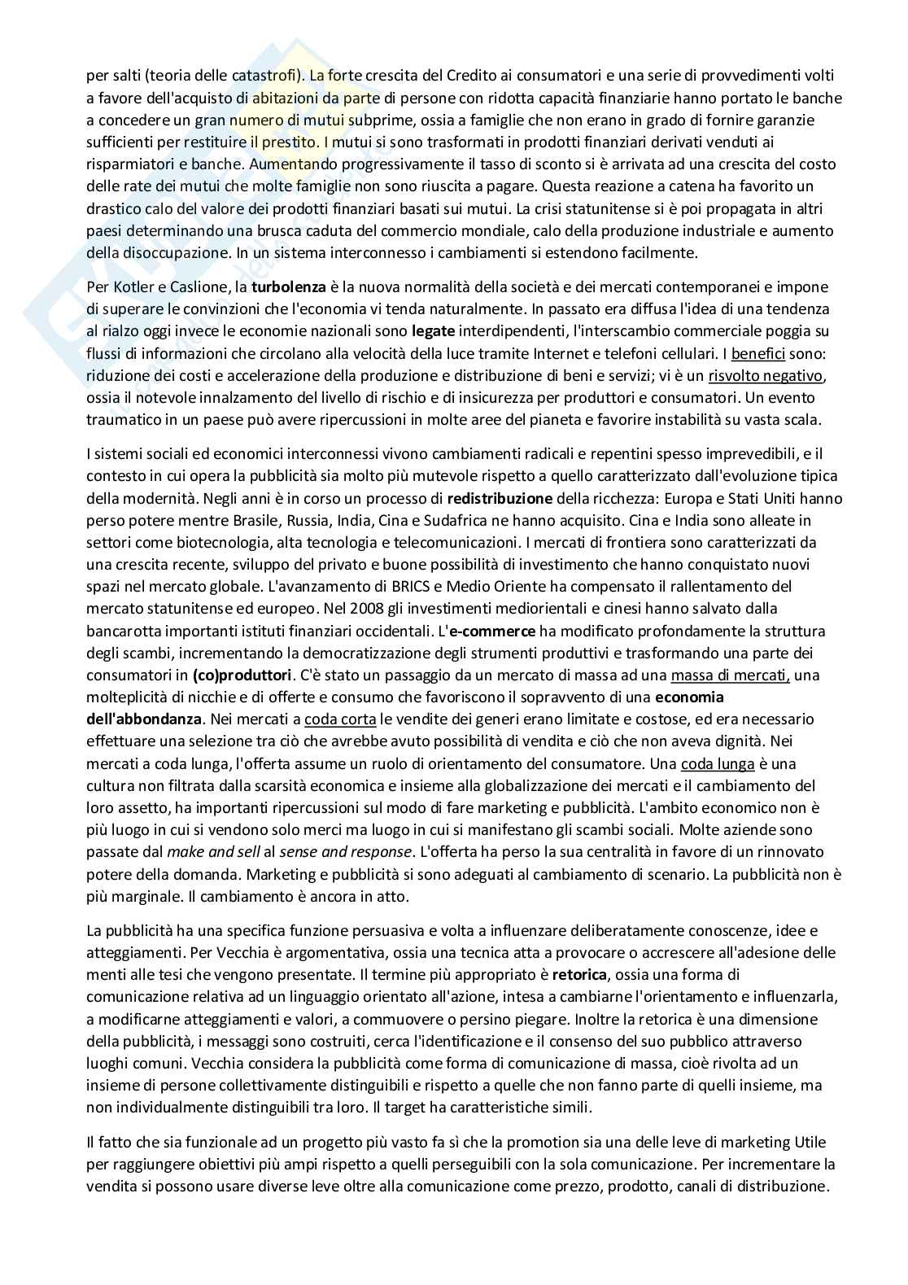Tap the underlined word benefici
point(758,354)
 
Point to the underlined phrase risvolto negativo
point(766,376)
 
